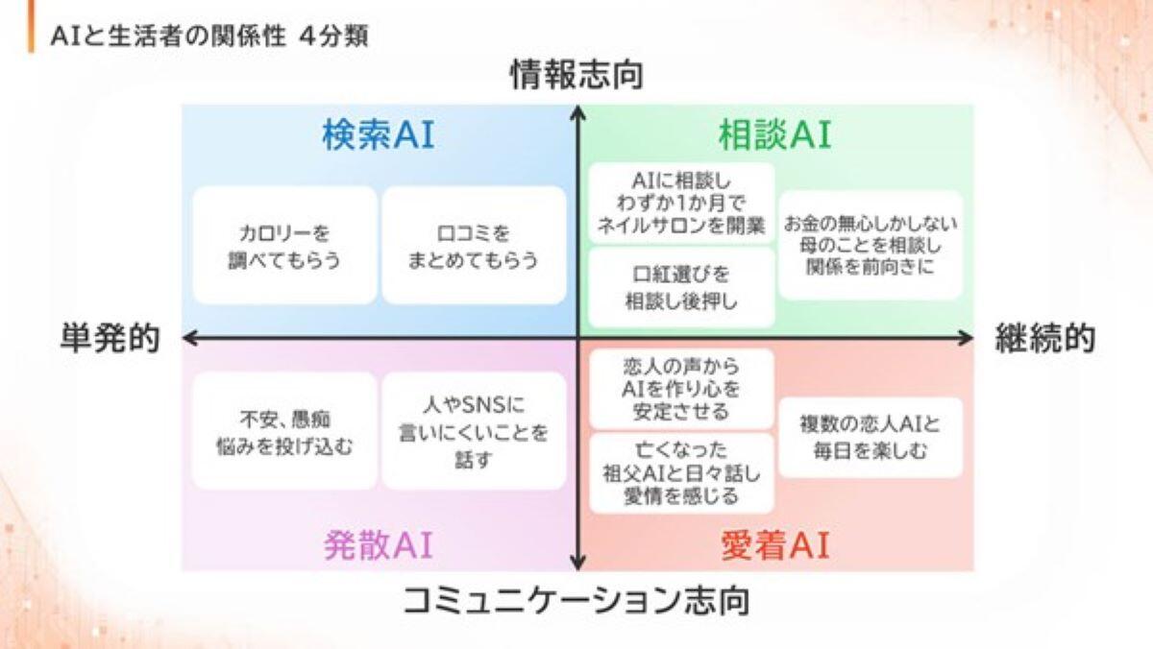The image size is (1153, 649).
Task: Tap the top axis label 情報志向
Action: (x=576, y=76)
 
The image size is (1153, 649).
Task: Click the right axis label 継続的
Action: (x=1044, y=338)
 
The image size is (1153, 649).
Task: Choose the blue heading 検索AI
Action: (x=378, y=135)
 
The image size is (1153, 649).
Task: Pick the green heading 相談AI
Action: (x=774, y=135)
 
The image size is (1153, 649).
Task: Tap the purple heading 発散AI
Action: (x=378, y=544)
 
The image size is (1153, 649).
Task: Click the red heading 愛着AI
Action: (x=774, y=545)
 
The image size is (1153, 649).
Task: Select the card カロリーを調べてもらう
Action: (x=284, y=246)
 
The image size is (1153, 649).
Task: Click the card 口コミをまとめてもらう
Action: (x=474, y=246)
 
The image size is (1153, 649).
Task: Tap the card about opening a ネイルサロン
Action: (x=681, y=203)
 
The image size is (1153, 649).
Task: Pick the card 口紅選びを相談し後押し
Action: (x=681, y=287)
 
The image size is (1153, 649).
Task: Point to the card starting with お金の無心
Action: (x=871, y=246)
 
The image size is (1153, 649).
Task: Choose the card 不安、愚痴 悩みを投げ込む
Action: (x=284, y=431)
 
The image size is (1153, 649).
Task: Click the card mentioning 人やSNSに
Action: (x=474, y=431)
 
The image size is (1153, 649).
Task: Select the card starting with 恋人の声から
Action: (x=681, y=388)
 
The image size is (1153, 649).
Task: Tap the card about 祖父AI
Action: (x=681, y=472)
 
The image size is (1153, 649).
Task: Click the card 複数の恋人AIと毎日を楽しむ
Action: (x=871, y=436)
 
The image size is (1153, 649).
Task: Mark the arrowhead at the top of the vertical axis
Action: (x=577, y=112)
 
